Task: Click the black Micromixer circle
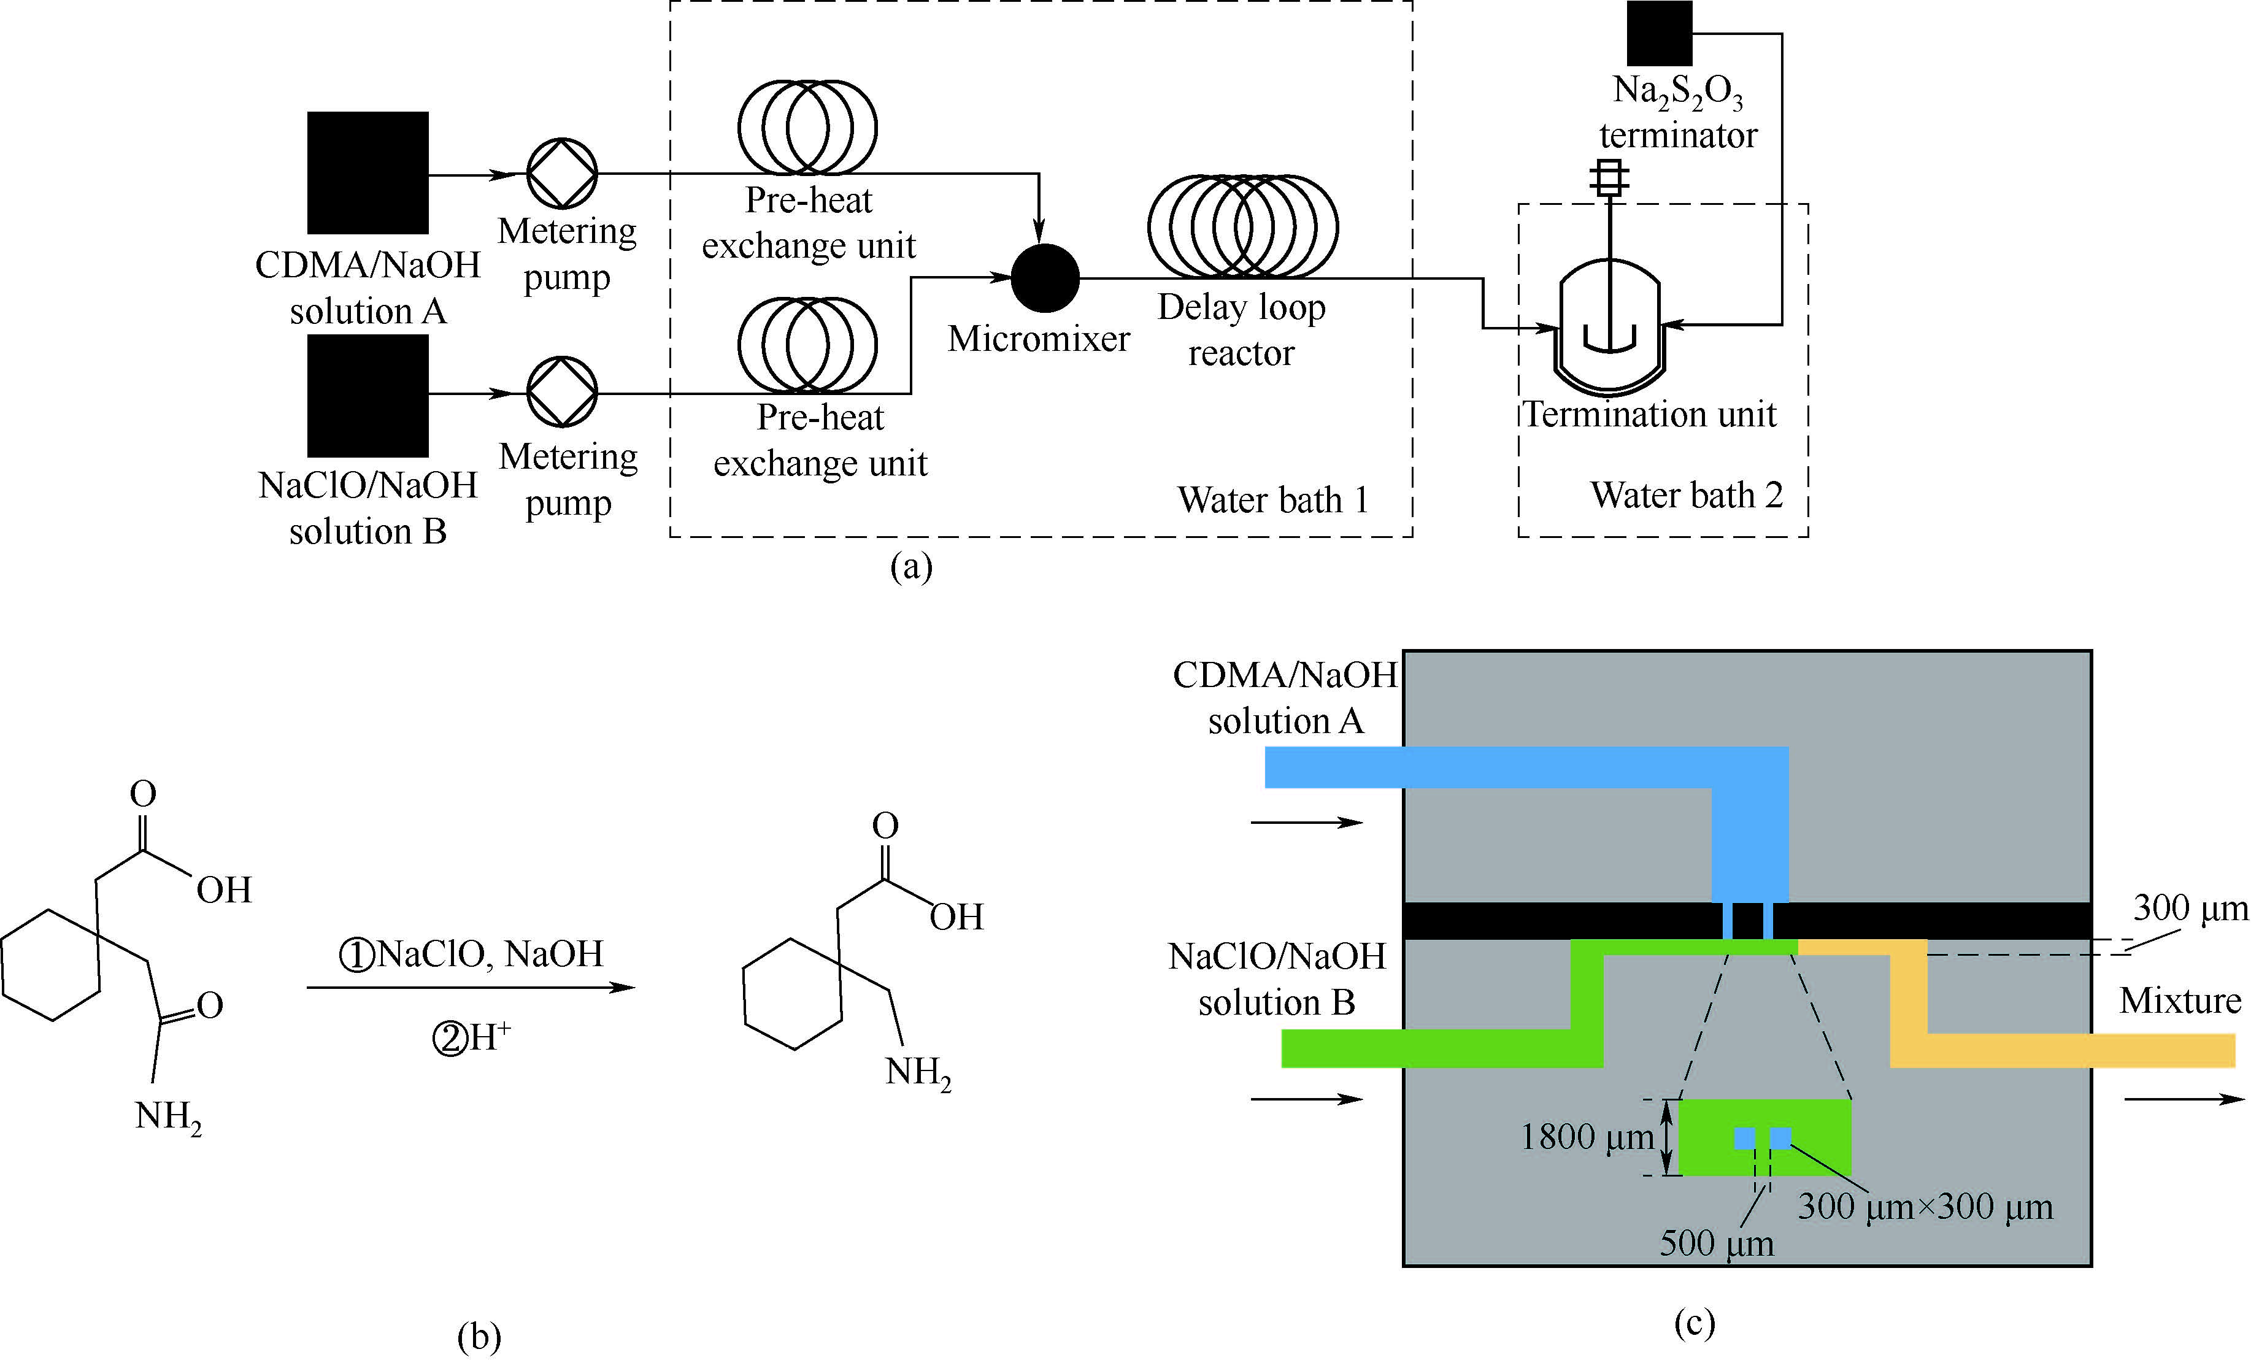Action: (1045, 278)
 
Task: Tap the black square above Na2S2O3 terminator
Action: (1659, 33)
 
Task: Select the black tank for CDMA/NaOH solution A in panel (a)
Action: (367, 172)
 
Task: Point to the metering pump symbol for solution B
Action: (562, 392)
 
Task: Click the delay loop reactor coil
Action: (1242, 226)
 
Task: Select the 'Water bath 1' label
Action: (1272, 499)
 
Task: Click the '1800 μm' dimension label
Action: (1587, 1137)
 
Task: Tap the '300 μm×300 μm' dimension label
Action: (1925, 1207)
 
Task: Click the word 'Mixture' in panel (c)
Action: (2180, 1000)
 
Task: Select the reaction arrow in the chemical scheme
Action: (471, 988)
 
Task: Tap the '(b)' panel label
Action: (479, 1336)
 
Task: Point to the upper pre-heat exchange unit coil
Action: (807, 127)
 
